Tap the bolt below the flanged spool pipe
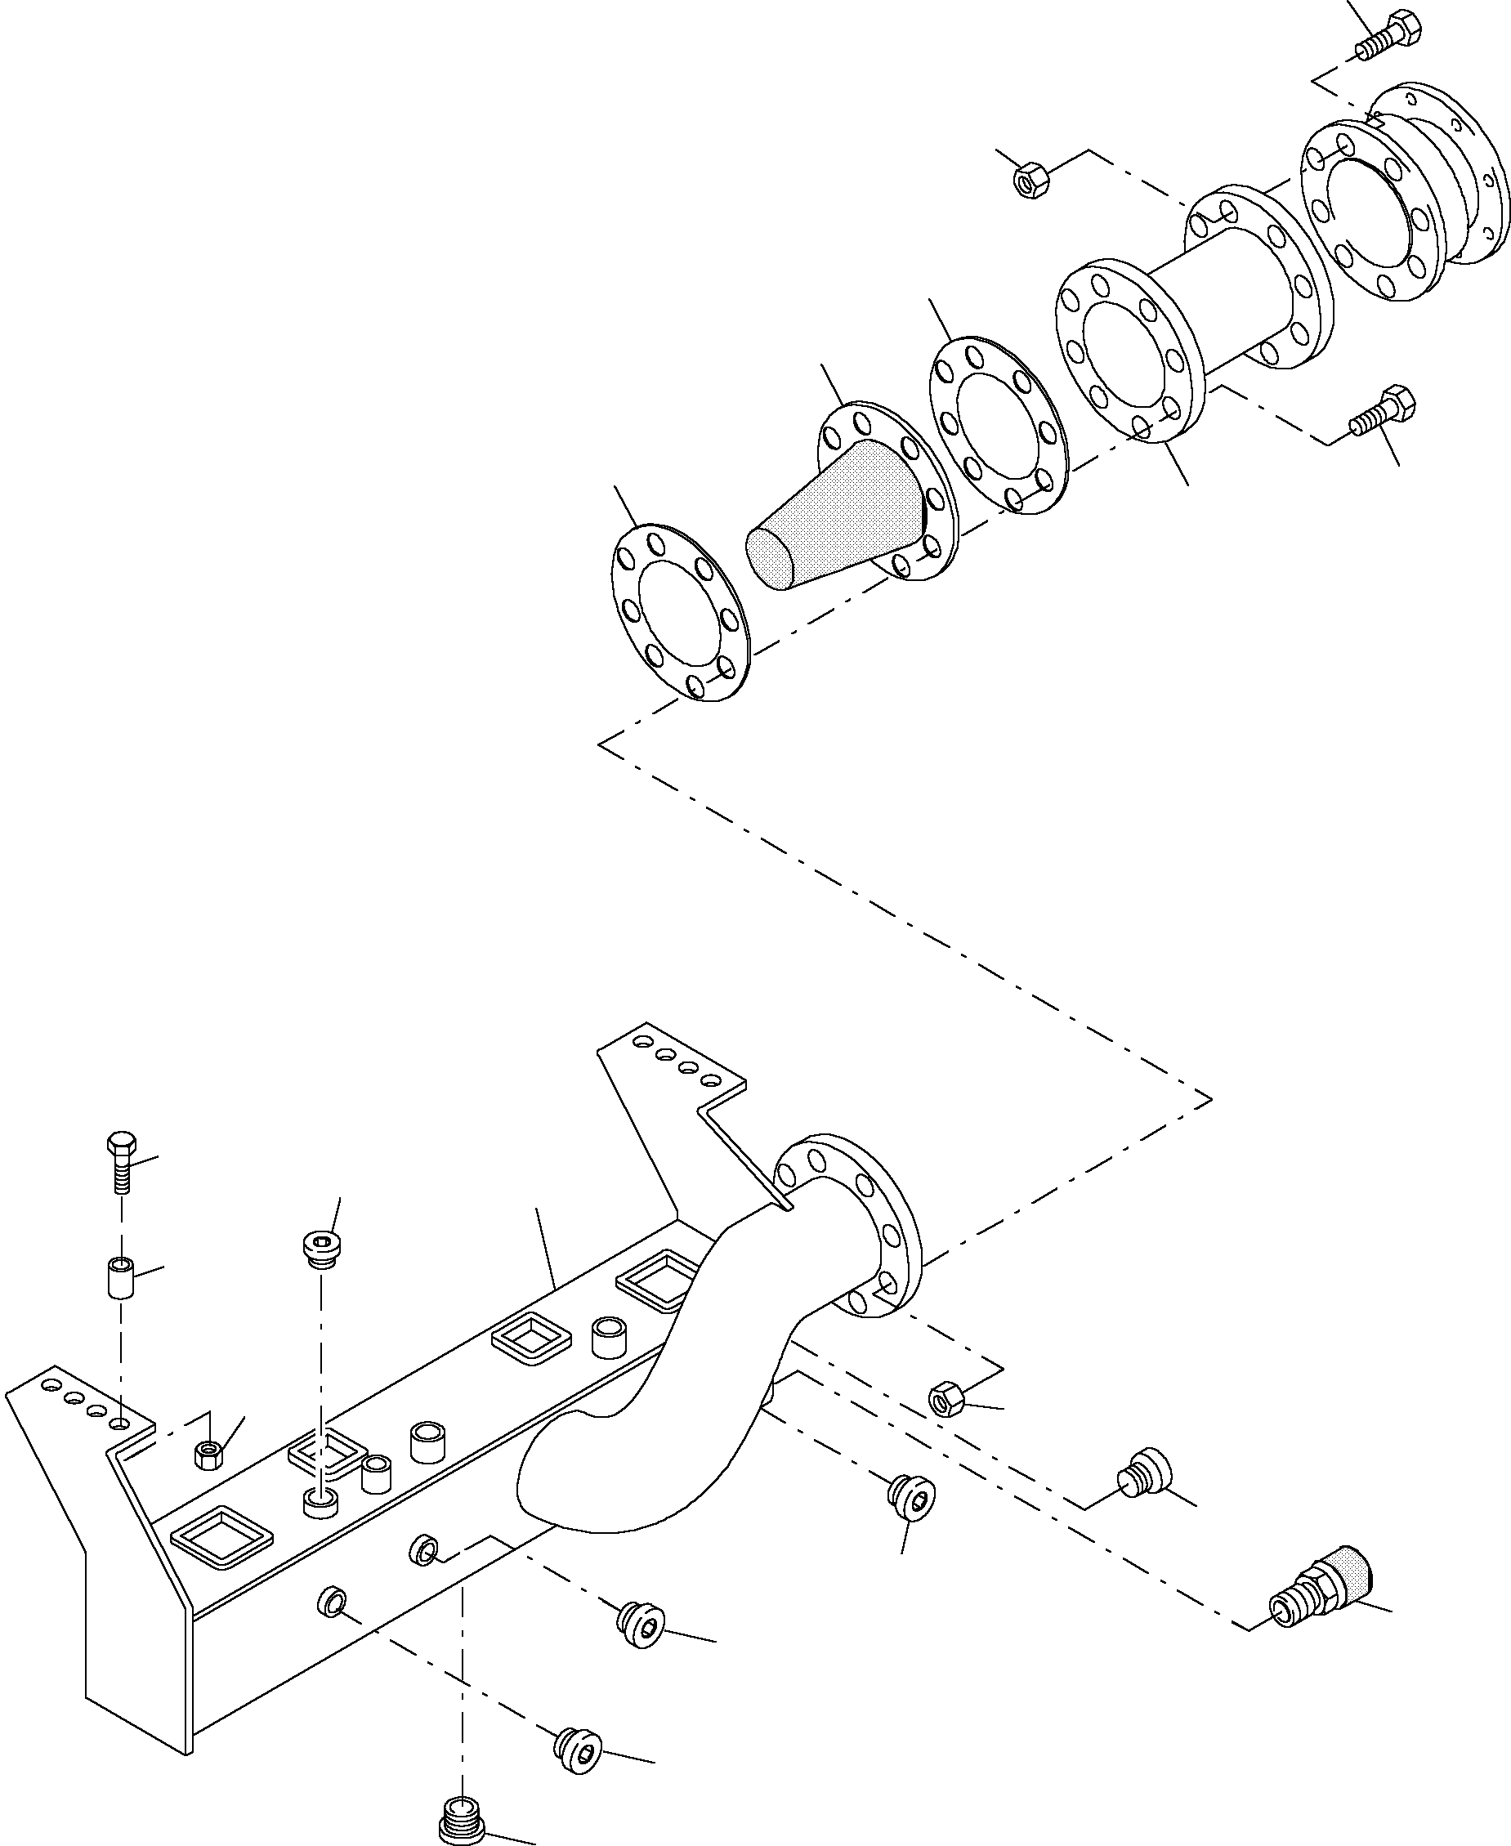tap(1384, 413)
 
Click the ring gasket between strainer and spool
tap(999, 424)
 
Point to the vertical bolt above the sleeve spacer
tap(121, 1162)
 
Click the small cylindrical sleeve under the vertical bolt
tap(120, 1276)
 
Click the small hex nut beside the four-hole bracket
tap(208, 1454)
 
